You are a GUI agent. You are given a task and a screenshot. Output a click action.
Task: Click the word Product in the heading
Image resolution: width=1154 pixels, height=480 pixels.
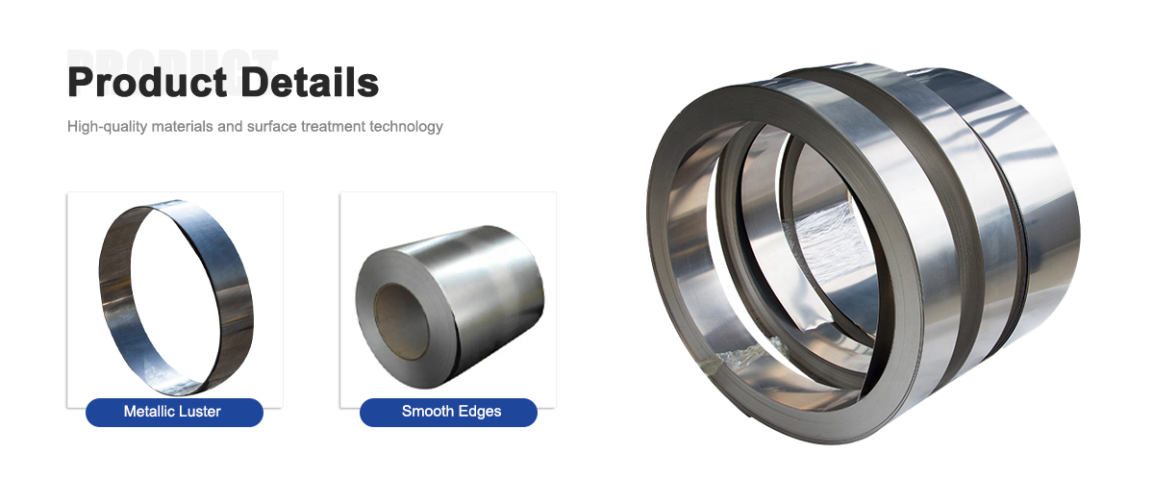[147, 83]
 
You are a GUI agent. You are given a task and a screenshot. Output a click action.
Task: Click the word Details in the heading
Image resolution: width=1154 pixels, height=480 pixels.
[310, 83]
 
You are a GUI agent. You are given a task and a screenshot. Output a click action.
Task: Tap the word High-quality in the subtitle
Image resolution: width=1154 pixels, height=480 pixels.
[107, 127]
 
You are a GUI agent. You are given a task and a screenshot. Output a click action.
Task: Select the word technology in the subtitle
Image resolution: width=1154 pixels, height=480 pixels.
[406, 127]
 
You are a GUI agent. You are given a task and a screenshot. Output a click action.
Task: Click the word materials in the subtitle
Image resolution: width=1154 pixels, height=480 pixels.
[183, 126]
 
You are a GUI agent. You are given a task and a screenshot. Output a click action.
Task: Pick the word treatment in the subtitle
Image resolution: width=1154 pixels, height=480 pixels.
[333, 126]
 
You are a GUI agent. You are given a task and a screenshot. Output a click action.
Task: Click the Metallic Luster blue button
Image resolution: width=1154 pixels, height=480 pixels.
[174, 412]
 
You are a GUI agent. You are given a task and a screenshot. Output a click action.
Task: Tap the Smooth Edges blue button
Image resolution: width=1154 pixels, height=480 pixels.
[448, 412]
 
